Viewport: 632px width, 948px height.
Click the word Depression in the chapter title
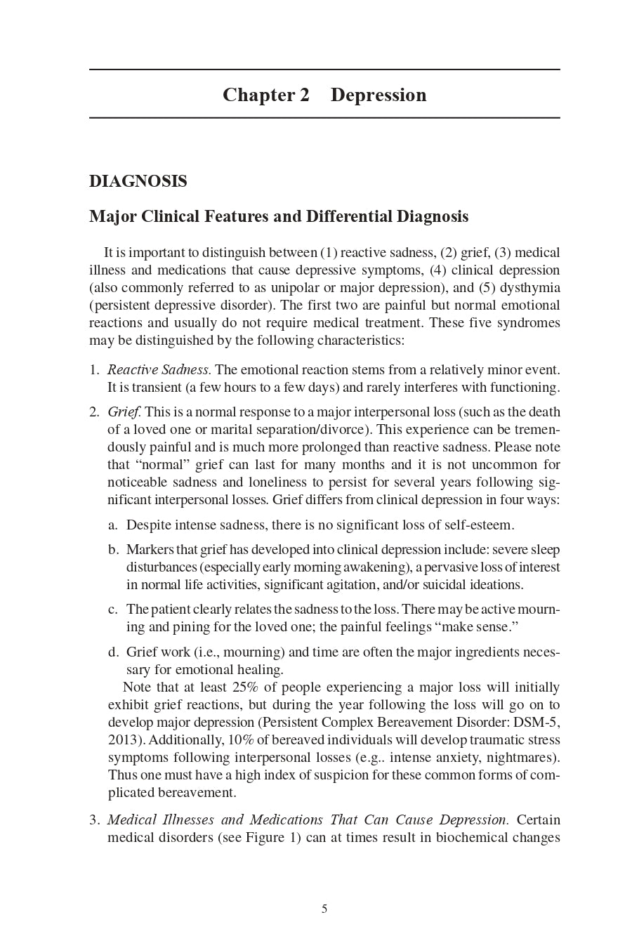click(x=378, y=95)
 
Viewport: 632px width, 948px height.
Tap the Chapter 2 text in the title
click(x=265, y=95)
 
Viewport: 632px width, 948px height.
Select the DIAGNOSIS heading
click(x=138, y=181)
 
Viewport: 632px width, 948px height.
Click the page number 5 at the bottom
click(x=324, y=909)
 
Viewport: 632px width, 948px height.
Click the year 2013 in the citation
click(x=124, y=740)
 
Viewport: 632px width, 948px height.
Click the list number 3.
click(x=94, y=820)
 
